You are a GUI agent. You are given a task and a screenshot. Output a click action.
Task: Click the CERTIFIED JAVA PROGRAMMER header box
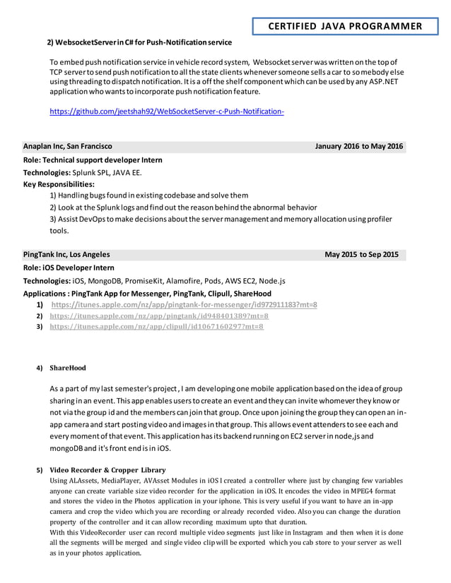(x=345, y=27)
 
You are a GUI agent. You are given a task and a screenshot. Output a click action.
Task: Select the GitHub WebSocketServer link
(x=166, y=112)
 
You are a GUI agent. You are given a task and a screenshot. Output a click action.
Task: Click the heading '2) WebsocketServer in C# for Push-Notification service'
(x=139, y=42)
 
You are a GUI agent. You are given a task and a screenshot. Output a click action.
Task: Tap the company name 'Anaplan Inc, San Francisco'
(x=67, y=146)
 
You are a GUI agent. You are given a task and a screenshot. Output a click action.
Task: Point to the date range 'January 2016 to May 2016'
(x=359, y=146)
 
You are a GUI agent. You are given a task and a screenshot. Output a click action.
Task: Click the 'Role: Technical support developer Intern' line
(x=93, y=160)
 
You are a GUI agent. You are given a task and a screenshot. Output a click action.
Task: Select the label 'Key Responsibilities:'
(x=59, y=184)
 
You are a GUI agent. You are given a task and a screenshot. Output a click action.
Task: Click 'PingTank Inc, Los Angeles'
(x=66, y=254)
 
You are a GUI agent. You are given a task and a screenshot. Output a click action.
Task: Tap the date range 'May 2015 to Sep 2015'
(x=361, y=254)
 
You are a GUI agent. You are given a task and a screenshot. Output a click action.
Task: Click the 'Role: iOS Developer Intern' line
(x=69, y=268)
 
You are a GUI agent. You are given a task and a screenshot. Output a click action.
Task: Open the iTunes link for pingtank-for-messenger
(x=184, y=305)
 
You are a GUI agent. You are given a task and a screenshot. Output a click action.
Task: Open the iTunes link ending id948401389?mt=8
(x=159, y=315)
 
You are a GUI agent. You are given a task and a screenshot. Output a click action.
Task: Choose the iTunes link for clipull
(x=156, y=327)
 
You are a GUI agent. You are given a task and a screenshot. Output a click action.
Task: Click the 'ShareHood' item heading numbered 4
(x=68, y=368)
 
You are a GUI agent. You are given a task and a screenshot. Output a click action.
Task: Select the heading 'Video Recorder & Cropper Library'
(x=107, y=469)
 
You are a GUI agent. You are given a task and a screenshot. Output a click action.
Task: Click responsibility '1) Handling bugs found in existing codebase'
(x=148, y=195)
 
